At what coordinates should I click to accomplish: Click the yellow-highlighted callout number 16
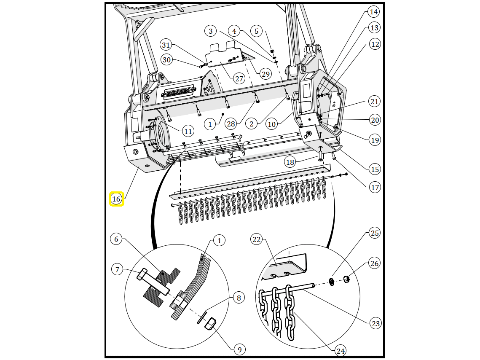(117, 199)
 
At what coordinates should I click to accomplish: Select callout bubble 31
(166, 45)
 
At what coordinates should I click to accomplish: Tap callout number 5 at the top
(257, 31)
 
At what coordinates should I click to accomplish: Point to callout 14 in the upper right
(373, 12)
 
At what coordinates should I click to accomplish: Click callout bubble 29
(265, 74)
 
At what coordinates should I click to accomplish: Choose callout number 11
(188, 132)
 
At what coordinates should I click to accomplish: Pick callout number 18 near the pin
(290, 162)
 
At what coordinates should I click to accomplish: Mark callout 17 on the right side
(375, 187)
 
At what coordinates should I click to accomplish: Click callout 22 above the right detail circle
(257, 239)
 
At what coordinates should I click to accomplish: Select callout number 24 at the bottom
(341, 351)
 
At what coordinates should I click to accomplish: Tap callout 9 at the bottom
(239, 349)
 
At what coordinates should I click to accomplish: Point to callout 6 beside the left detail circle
(116, 239)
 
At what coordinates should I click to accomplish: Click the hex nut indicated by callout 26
(346, 279)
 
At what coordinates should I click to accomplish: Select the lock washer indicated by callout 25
(332, 282)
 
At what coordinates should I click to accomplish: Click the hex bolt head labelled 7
(142, 274)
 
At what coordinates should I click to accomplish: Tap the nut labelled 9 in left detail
(211, 324)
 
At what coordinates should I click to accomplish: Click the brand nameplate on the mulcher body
(180, 92)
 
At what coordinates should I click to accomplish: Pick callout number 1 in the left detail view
(219, 241)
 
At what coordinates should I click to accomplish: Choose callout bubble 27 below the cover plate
(239, 79)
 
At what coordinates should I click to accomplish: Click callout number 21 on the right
(374, 102)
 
